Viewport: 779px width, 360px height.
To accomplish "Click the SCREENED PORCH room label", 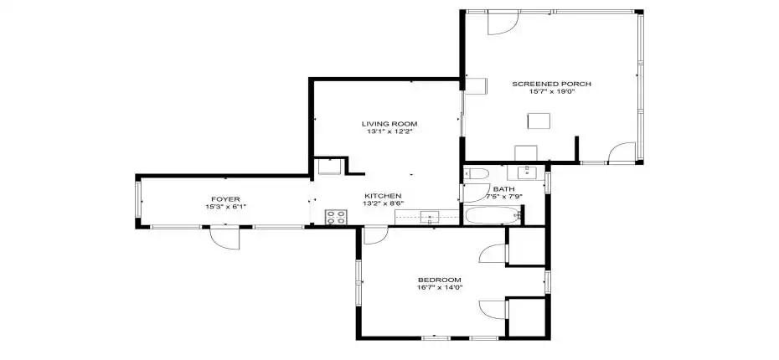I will tap(552, 84).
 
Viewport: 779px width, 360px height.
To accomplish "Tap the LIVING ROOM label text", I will tap(389, 123).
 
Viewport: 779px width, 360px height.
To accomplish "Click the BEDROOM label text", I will tap(439, 280).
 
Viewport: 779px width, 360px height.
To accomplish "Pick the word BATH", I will tap(503, 189).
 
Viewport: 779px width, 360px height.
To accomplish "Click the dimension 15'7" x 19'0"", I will tap(552, 92).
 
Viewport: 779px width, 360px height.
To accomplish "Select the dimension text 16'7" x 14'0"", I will tap(439, 288).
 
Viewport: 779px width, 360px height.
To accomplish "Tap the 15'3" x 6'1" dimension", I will tap(225, 207).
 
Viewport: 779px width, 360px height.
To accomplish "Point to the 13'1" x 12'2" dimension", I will tap(389, 131).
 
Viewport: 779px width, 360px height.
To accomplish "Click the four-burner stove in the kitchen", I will tap(336, 217).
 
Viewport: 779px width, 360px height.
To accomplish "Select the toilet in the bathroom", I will tap(473, 173).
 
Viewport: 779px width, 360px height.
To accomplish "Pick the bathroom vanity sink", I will tap(527, 173).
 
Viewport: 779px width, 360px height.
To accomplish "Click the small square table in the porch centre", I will tap(539, 121).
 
